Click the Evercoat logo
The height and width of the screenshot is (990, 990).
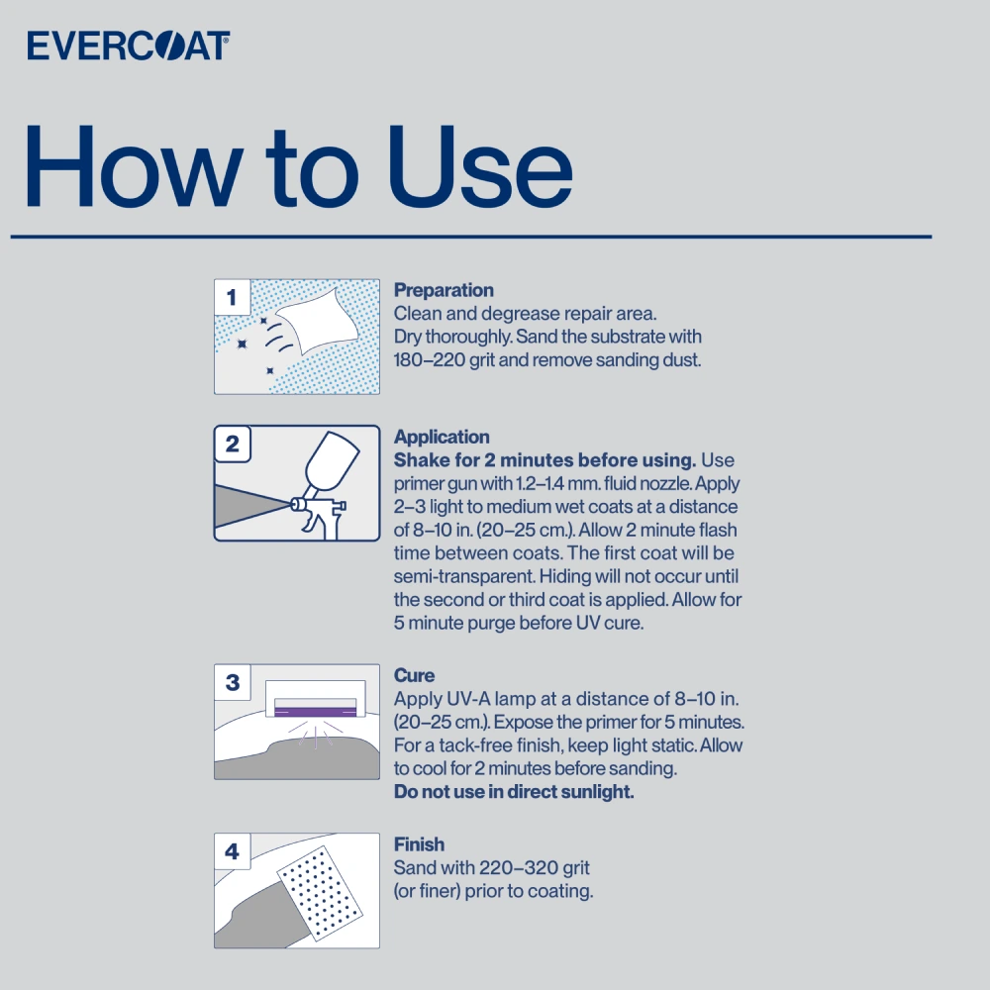(128, 46)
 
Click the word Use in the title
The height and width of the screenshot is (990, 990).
(480, 166)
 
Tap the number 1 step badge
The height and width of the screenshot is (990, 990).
(232, 297)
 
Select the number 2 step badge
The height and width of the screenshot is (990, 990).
(233, 444)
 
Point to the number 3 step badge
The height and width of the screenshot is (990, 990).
(233, 682)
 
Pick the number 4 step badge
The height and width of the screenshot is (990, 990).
(233, 851)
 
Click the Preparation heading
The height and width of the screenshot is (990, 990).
(444, 290)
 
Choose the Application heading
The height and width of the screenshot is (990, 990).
(442, 437)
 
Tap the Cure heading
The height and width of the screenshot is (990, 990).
(414, 675)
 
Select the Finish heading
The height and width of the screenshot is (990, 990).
(419, 844)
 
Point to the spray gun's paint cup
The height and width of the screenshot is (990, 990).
(332, 459)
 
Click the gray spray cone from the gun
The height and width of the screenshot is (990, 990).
(252, 506)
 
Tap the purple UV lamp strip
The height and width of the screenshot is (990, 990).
(315, 712)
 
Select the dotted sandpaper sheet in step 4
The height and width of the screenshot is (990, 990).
(320, 893)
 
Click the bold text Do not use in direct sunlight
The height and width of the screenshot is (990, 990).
(514, 792)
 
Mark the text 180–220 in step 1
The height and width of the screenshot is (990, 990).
(430, 360)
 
